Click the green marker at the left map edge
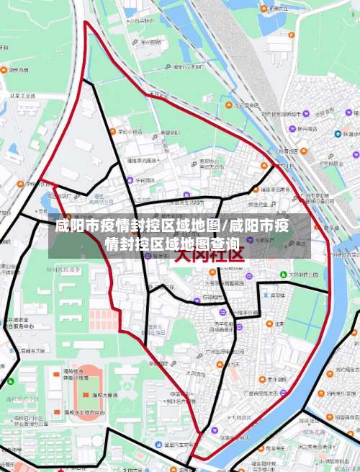[9, 383]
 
